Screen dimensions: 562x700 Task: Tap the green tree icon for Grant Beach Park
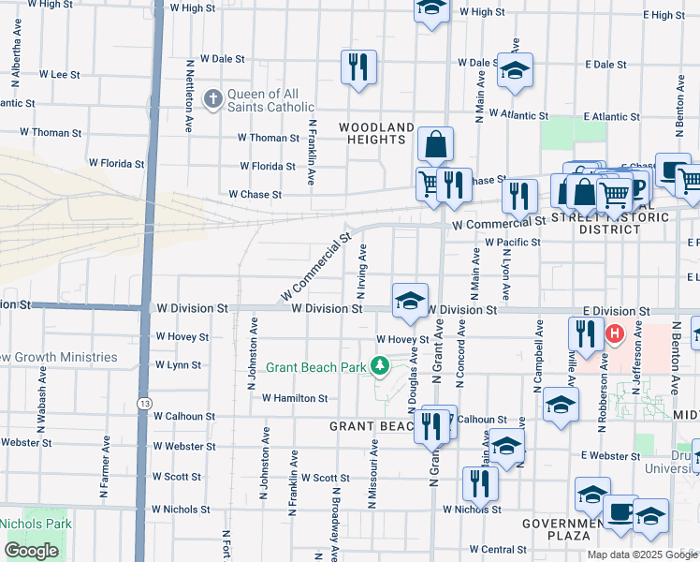point(380,366)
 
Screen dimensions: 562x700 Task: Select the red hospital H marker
point(615,333)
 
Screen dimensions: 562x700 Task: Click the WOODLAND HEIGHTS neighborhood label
point(376,133)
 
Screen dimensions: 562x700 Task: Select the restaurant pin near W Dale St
point(358,67)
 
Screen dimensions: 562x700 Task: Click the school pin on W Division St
point(410,300)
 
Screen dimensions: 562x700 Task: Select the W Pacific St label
point(512,242)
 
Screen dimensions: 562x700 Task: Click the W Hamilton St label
point(294,398)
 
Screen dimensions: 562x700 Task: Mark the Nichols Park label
point(34,524)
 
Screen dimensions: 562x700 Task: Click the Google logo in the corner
point(32,551)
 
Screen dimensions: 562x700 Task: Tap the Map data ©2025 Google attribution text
point(642,555)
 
